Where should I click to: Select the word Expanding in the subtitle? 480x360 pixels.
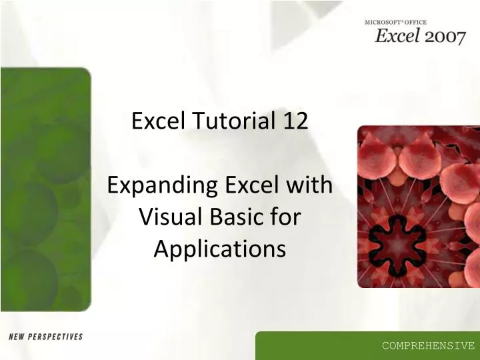(x=155, y=185)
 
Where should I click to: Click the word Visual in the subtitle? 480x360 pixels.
(x=165, y=217)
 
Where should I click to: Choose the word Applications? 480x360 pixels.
(x=219, y=249)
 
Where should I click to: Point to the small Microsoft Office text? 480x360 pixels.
(x=395, y=23)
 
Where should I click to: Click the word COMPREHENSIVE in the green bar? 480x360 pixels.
(x=428, y=345)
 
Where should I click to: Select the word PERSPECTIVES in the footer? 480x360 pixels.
(x=57, y=337)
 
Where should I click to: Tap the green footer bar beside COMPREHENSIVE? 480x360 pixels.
(x=313, y=345)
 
